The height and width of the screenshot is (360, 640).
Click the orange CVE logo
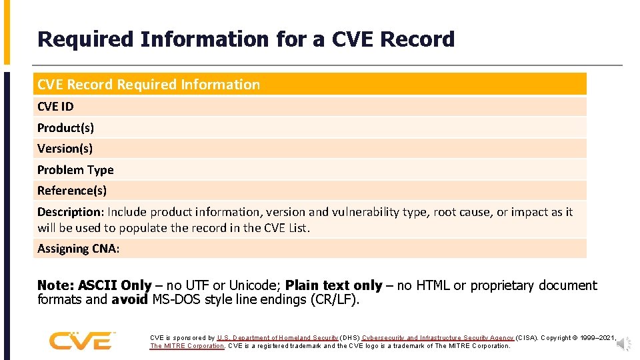(80, 341)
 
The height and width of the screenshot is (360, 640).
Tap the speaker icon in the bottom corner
(624, 344)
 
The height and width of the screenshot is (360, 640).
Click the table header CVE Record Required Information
(149, 85)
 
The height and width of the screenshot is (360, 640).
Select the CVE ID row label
(55, 107)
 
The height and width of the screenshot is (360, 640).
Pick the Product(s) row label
(65, 127)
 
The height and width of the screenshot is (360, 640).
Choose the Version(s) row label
(65, 149)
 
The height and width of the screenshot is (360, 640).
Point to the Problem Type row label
(75, 170)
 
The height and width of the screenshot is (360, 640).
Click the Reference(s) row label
(72, 191)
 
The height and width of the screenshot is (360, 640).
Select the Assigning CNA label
(78, 249)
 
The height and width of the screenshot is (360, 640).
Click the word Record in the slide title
(417, 39)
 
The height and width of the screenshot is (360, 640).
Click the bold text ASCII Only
(115, 285)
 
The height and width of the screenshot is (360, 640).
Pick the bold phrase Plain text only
(333, 285)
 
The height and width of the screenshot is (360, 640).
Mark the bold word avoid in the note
(129, 299)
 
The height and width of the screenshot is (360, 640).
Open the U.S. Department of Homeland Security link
(277, 338)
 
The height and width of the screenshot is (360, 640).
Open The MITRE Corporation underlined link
(187, 346)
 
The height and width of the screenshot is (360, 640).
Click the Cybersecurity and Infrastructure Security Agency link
(438, 338)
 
